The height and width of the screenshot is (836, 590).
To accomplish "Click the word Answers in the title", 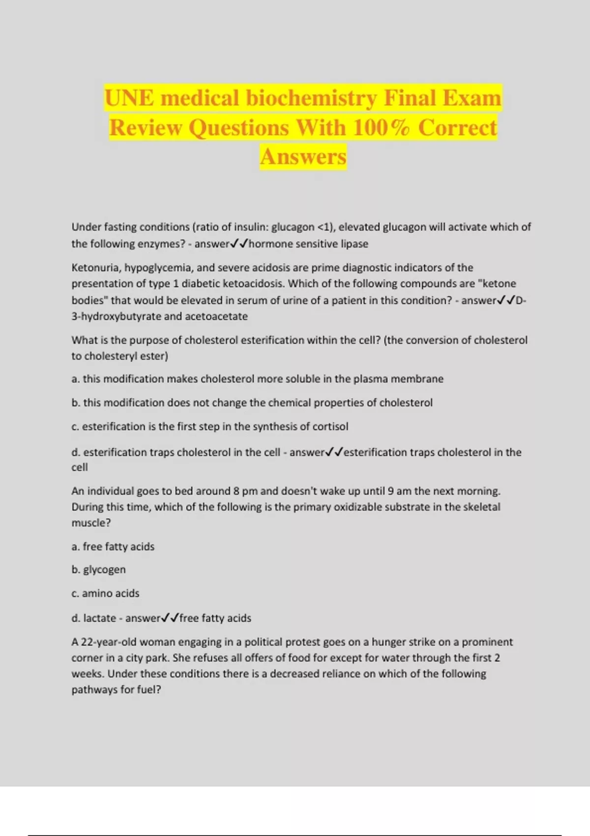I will point(303,157).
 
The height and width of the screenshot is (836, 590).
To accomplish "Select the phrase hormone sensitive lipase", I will point(308,244).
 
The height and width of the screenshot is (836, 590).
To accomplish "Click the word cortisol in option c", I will point(330,426).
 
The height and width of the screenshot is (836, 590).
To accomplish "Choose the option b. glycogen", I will point(98,569).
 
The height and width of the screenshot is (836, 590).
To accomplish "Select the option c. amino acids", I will point(105,594).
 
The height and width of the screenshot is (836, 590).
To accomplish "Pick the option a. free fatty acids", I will point(113,546).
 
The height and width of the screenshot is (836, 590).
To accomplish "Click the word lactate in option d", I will point(100,618).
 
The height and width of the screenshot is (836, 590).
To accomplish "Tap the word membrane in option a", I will point(419,379).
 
